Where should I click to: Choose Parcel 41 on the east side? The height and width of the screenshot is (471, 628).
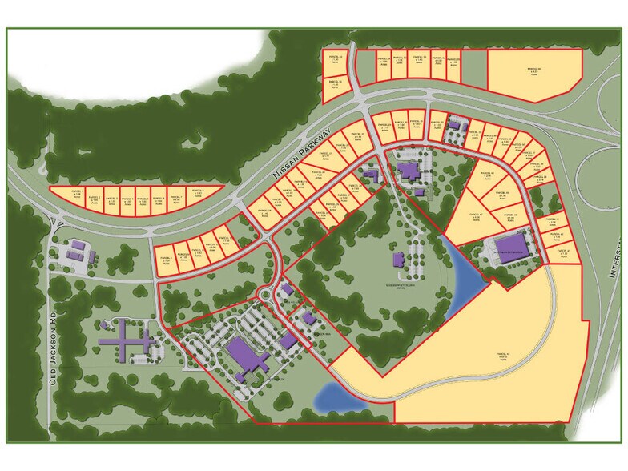coord(549,221)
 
